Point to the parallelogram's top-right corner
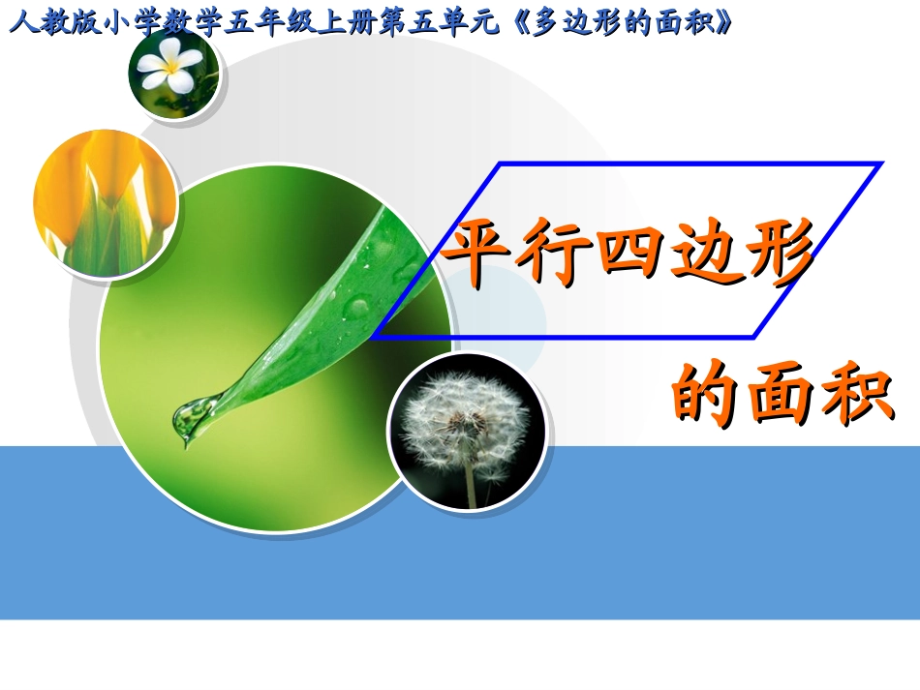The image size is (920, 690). tap(881, 164)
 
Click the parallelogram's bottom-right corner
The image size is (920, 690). tap(753, 338)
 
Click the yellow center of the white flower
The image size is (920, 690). tap(172, 68)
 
